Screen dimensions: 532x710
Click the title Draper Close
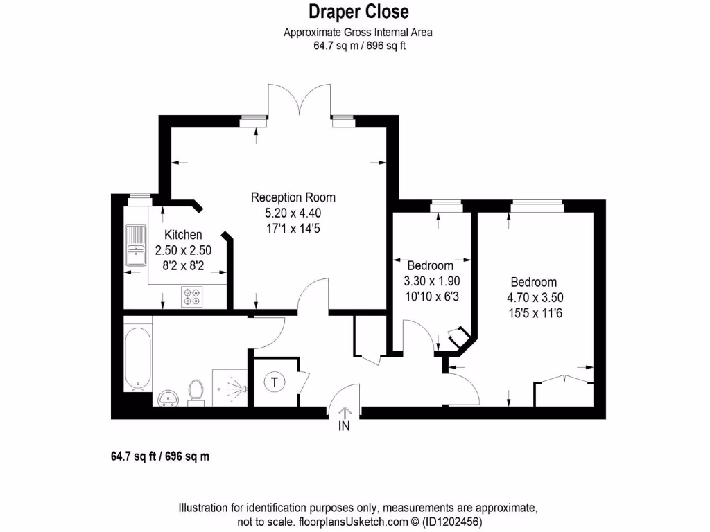point(358,12)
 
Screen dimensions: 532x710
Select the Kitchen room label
point(183,236)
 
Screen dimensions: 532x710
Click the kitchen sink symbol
point(135,246)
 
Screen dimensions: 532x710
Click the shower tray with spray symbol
point(230,388)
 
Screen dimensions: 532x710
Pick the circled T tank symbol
point(275,382)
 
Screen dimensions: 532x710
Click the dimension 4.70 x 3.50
point(534,297)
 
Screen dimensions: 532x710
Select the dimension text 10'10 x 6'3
point(431,296)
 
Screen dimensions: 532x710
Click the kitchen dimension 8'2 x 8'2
point(183,265)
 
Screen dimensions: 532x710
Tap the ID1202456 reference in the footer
point(454,522)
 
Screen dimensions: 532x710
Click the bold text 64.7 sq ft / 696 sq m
point(160,456)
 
